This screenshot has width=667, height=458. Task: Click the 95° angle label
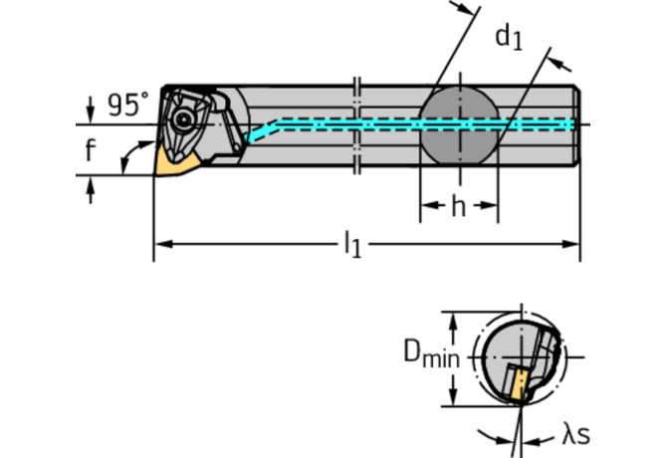click(x=128, y=105)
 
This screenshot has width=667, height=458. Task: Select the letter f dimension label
click(x=91, y=150)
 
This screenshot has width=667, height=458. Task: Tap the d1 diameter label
click(x=509, y=38)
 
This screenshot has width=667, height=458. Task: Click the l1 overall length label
click(x=352, y=244)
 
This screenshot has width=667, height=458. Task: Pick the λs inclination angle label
click(x=575, y=434)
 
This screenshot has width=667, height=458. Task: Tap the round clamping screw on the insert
click(x=186, y=119)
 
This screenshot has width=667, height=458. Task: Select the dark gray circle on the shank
click(x=458, y=123)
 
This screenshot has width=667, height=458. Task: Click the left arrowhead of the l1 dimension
click(x=160, y=242)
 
